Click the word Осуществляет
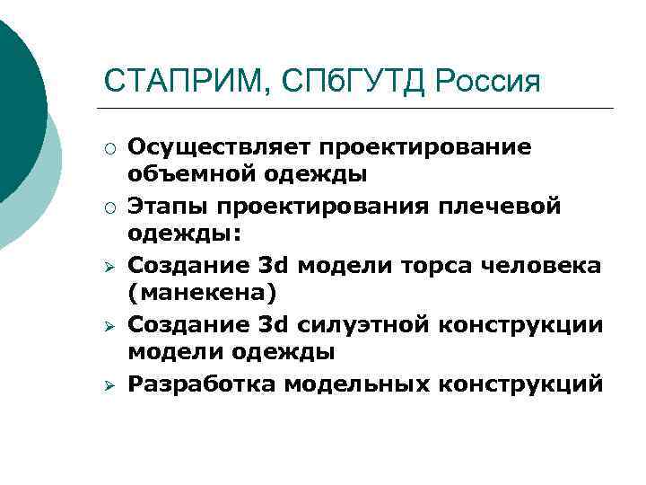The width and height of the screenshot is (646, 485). pyautogui.click(x=211, y=146)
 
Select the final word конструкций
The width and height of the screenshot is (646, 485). pyautogui.click(x=521, y=384)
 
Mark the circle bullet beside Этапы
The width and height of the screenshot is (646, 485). pyautogui.click(x=108, y=207)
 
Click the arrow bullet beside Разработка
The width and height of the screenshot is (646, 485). pyautogui.click(x=108, y=385)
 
